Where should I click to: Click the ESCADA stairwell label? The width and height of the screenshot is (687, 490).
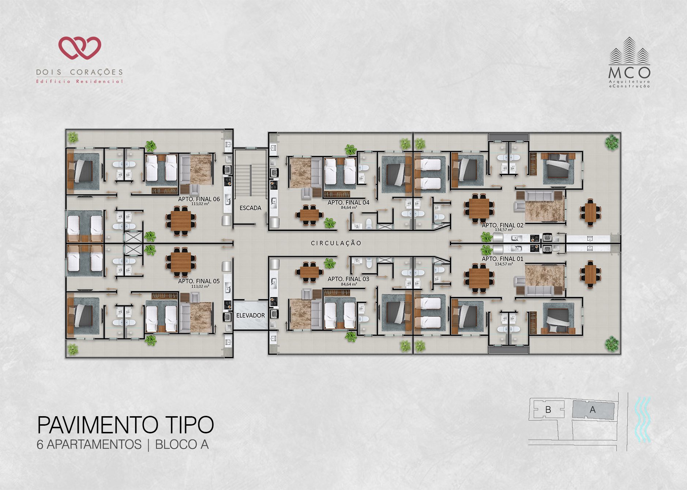point(250,208)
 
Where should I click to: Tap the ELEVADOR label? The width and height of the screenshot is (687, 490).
point(251,315)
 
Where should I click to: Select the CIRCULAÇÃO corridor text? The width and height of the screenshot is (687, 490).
point(336,243)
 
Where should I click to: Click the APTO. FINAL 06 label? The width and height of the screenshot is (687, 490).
point(199,199)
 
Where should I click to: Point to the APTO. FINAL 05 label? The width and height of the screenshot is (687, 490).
point(199,281)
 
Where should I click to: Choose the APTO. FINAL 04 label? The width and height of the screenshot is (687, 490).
point(348,202)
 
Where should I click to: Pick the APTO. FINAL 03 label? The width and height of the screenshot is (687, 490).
point(348,279)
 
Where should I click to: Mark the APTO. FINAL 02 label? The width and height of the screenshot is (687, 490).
point(503,225)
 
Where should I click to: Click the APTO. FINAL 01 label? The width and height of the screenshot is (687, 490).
point(503,259)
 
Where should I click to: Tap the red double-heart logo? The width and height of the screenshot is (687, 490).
point(80,48)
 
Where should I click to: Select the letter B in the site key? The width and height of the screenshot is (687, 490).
point(548,410)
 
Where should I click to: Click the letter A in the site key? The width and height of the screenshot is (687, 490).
point(593,410)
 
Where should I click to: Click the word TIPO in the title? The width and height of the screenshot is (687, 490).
point(187,425)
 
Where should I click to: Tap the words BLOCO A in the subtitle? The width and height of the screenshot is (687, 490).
point(182,444)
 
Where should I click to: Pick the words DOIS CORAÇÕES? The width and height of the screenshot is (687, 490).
point(79,72)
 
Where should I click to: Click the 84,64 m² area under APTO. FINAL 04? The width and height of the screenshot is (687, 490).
point(349,208)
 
